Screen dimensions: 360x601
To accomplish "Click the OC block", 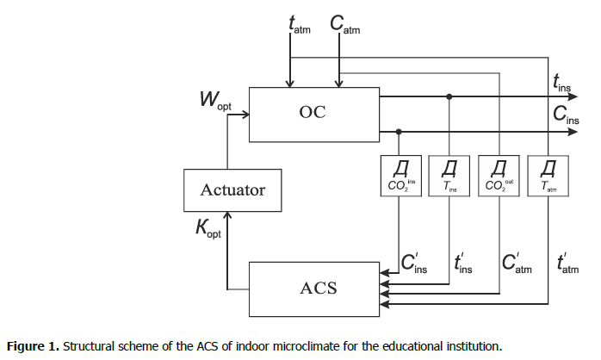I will pyautogui.click(x=313, y=112).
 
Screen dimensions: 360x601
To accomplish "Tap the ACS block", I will pyautogui.click(x=313, y=286).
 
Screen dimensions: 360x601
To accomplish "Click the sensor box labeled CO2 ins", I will pyautogui.click(x=400, y=175).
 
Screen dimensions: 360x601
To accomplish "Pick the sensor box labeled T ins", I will pyautogui.click(x=449, y=175).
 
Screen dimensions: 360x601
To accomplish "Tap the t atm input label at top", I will pyautogui.click(x=300, y=25).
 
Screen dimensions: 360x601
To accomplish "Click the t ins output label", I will pyautogui.click(x=562, y=83).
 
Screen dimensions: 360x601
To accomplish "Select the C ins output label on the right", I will pyautogui.click(x=564, y=115).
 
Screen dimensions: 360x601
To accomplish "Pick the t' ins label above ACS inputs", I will pyautogui.click(x=462, y=263).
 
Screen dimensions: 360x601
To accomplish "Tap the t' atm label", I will pyautogui.click(x=567, y=263).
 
